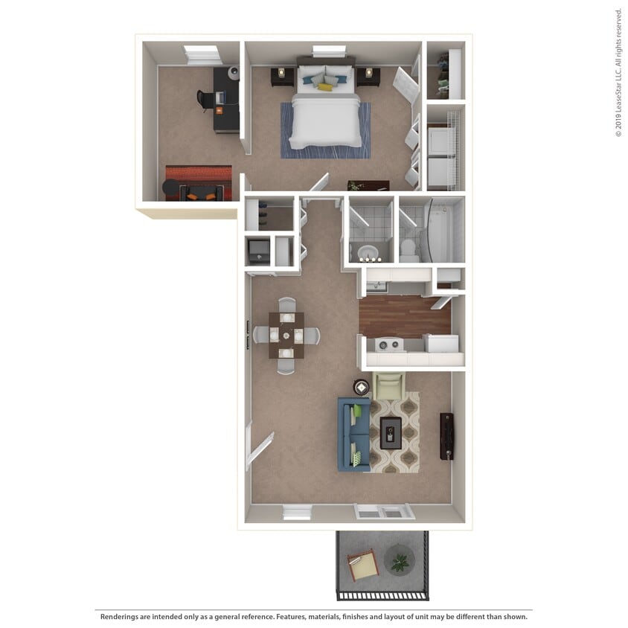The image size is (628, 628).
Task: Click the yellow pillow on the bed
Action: pos(325,86)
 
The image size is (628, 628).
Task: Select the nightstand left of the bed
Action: pos(282,76)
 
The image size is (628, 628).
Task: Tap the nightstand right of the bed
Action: pos(368,76)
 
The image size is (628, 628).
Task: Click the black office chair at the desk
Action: pos(205,100)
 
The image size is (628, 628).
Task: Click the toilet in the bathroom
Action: pos(409,249)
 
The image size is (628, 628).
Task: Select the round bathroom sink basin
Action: pos(368,250)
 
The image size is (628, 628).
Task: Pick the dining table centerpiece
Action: pos(286,336)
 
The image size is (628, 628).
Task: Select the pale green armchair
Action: pos(388,387)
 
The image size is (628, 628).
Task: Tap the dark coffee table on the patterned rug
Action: pos(391,433)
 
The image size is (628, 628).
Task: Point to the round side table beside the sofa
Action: pos(362,387)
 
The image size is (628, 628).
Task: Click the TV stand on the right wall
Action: pos(446,436)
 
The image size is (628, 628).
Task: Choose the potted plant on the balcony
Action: pos(400,560)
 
